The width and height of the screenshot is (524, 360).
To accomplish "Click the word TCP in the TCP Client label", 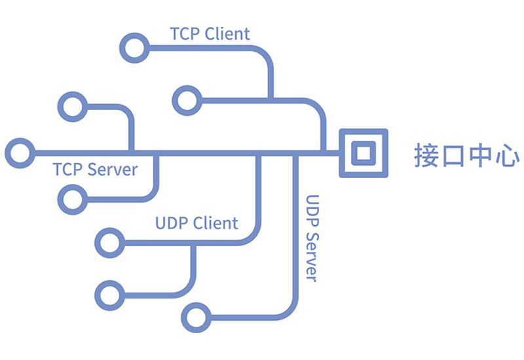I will click(185, 33).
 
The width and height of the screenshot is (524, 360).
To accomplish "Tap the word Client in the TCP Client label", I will click(227, 33).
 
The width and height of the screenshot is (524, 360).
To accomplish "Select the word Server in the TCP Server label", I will click(112, 170).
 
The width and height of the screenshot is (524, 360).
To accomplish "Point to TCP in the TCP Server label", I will click(68, 170).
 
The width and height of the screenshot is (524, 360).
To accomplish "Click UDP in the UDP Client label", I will click(172, 223).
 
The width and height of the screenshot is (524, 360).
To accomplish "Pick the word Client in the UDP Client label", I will click(215, 223).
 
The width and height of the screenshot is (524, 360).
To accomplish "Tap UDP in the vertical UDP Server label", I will click(312, 211).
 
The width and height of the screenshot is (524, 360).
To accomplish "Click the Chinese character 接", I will click(427, 154).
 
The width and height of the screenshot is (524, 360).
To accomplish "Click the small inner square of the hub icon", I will click(363, 153).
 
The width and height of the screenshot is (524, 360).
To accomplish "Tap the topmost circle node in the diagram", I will click(134, 47).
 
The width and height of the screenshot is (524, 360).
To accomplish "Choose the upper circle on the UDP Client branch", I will click(109, 242).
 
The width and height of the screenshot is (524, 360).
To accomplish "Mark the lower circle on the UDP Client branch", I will click(109, 294).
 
